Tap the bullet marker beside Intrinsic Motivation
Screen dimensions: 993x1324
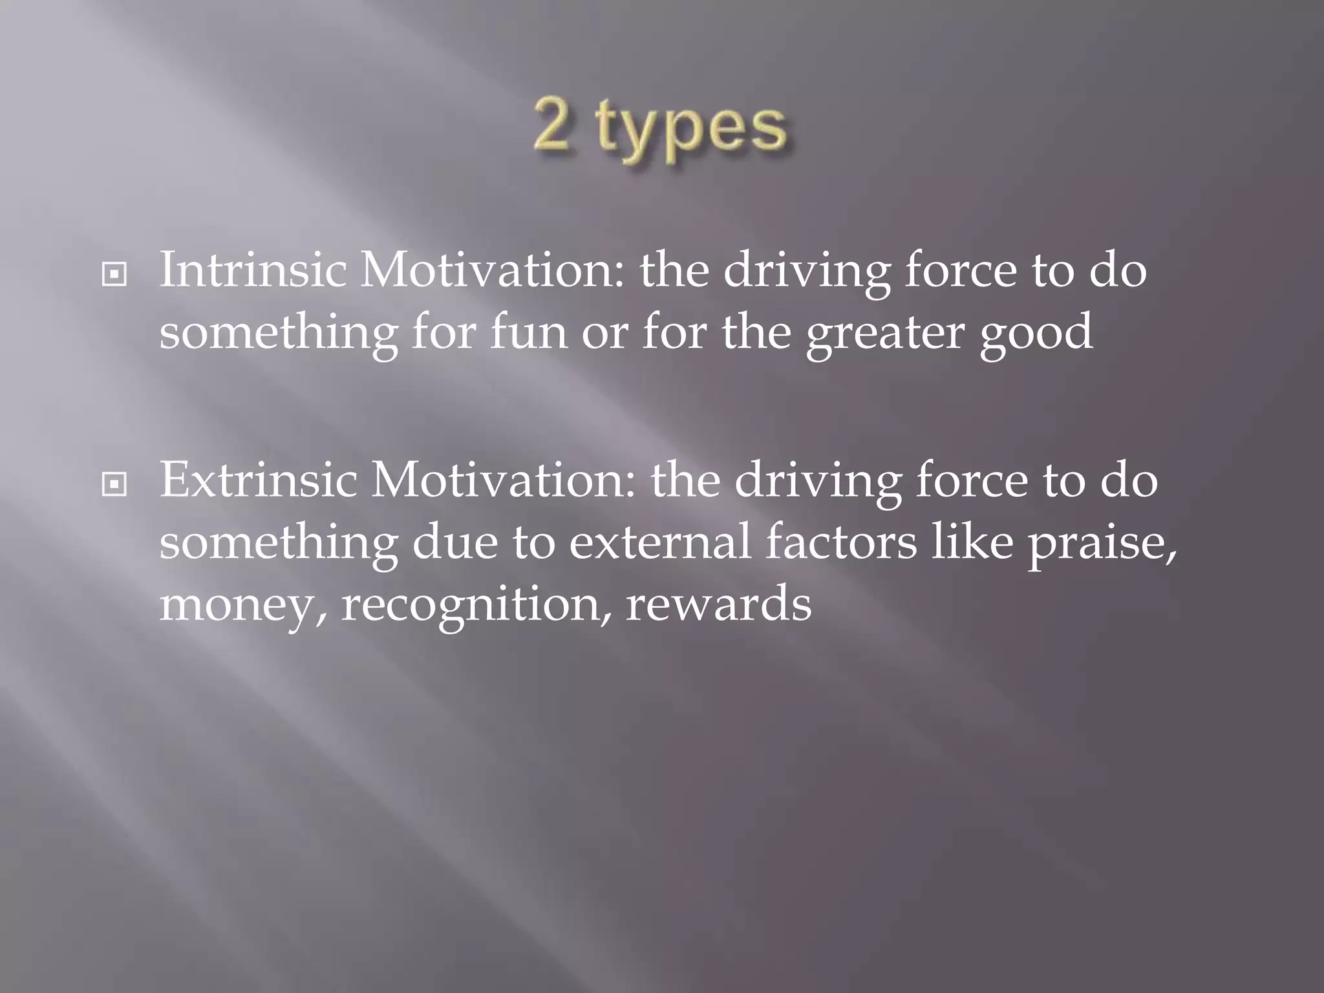click(114, 275)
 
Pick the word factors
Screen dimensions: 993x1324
click(841, 541)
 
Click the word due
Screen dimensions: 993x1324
click(454, 541)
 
